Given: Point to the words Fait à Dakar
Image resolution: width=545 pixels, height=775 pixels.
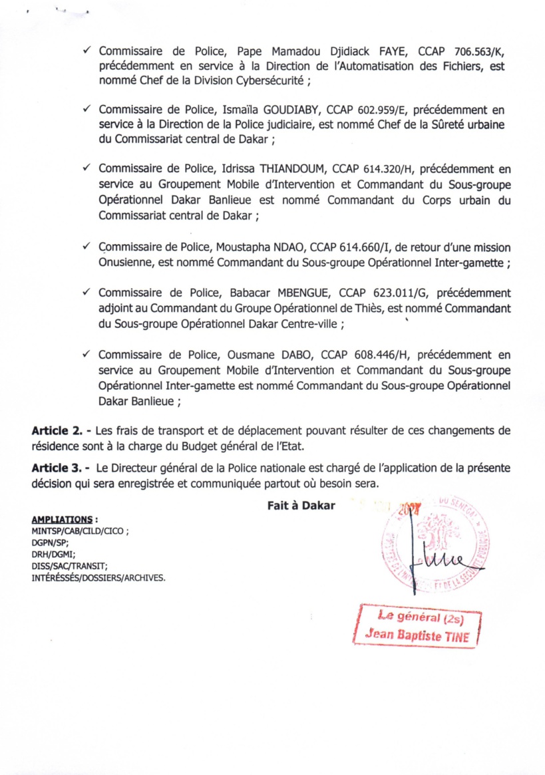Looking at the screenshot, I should click(x=301, y=506).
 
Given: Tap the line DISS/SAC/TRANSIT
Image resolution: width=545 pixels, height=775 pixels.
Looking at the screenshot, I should click(x=69, y=565).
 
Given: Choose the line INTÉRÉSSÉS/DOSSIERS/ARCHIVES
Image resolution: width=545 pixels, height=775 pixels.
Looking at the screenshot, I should click(x=98, y=577).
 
